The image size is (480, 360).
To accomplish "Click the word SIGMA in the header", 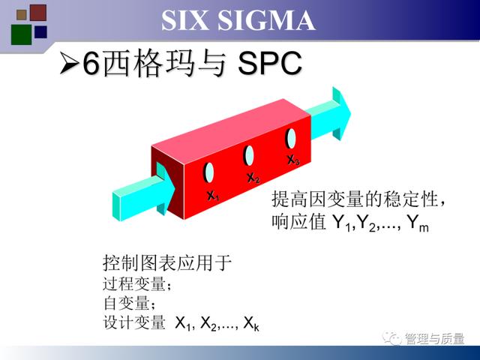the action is (x=266, y=20).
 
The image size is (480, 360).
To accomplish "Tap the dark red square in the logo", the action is (x=38, y=13).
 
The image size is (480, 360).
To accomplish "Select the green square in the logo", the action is (x=21, y=34).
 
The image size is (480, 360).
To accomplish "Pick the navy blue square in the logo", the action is (x=40, y=31).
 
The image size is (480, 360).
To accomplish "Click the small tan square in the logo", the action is (x=22, y=15).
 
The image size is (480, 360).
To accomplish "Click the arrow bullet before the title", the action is (x=69, y=63).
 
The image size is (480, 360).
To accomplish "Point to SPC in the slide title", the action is (x=270, y=63).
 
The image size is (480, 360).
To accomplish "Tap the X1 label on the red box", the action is (x=213, y=196).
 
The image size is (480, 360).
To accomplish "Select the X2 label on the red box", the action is (x=253, y=178).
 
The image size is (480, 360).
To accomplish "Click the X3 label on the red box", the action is (x=293, y=160).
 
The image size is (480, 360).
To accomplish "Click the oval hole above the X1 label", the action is (x=208, y=172).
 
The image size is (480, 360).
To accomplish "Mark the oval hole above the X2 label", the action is (x=248, y=155).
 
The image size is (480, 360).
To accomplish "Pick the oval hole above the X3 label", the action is (x=291, y=138).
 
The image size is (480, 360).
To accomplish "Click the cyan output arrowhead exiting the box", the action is (x=341, y=113).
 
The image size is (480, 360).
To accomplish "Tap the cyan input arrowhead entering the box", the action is (x=165, y=188).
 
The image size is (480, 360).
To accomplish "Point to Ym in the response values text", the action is (x=418, y=223).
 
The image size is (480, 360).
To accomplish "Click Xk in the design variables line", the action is (x=251, y=323).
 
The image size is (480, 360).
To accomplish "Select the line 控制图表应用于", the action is (x=167, y=262).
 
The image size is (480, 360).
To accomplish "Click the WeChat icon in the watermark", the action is (x=391, y=338).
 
